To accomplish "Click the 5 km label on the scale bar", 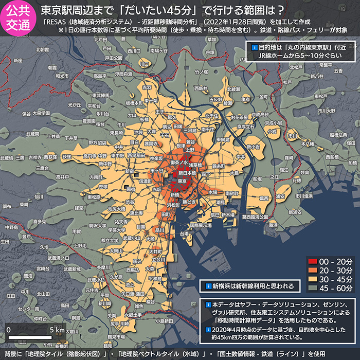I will tap(57, 329).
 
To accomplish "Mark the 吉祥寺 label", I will tap(35, 157).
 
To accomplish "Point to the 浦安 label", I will tap(281, 196).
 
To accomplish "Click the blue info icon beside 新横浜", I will tap(208, 286).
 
